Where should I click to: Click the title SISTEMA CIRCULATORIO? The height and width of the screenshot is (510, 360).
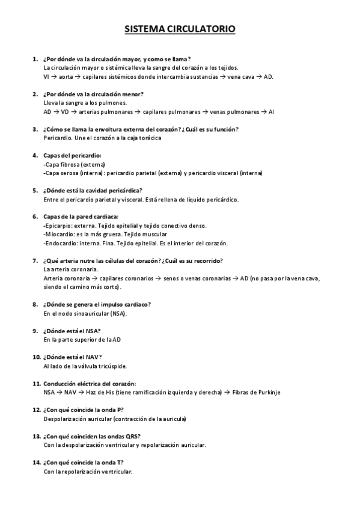tap(180, 28)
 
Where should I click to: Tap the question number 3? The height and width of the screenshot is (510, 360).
tap(35, 129)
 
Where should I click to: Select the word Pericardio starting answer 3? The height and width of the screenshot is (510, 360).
tap(56, 138)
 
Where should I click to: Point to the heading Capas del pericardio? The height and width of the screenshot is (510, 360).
tap(73, 155)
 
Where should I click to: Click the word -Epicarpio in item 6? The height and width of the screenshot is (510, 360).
tap(58, 226)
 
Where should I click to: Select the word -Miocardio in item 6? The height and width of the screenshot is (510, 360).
tap(58, 234)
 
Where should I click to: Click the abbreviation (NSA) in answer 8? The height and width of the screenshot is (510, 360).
tap(119, 313)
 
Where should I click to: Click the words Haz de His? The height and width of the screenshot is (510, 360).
tap(102, 392)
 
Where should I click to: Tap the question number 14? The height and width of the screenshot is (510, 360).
tap(36, 462)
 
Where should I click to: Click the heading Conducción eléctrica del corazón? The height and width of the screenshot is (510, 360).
tap(90, 383)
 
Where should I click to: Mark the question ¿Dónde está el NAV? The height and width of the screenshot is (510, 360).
tap(72, 357)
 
